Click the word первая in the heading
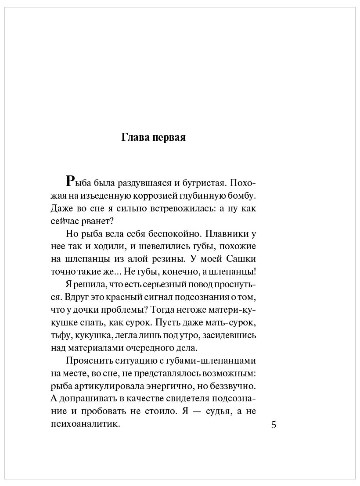click(x=169, y=137)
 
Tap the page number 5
click(x=274, y=425)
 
